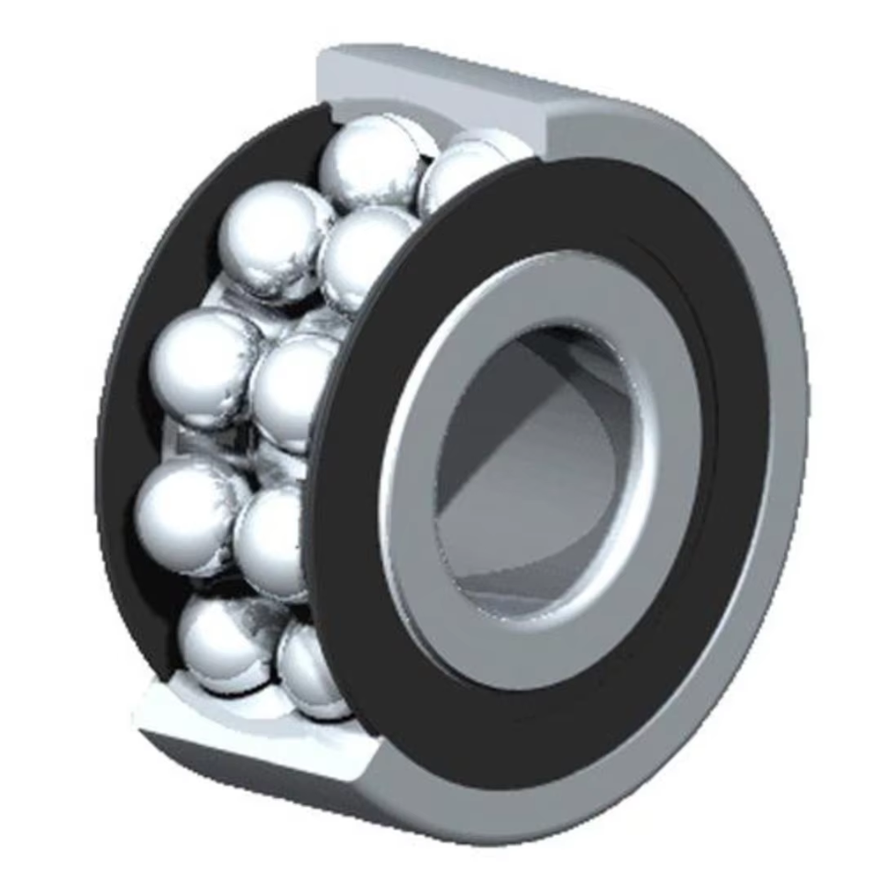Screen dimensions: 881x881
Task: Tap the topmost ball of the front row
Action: [x=463, y=181]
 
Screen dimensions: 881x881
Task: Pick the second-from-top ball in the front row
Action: [x=366, y=255]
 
